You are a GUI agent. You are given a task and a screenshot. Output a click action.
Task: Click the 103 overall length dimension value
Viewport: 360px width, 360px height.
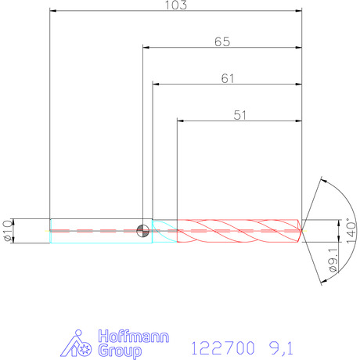tap(176, 5)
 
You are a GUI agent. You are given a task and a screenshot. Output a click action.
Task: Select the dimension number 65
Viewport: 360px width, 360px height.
tap(222, 41)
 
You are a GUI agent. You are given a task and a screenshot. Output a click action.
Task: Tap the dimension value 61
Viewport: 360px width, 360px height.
tap(228, 78)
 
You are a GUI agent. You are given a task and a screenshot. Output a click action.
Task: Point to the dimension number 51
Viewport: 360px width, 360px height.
tap(239, 115)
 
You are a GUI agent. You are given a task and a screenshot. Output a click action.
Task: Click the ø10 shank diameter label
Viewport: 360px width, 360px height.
tap(8, 231)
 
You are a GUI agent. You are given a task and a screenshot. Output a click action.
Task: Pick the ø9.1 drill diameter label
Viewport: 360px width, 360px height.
tap(333, 260)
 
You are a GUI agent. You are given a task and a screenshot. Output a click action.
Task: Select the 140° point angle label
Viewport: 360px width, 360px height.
tap(351, 231)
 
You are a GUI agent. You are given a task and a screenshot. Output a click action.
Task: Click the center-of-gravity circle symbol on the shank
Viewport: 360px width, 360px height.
tap(143, 231)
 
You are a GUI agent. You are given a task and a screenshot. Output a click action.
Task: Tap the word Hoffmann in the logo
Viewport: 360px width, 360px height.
tap(134, 337)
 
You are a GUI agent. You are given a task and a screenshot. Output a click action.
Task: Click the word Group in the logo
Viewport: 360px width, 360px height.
tap(120, 351)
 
